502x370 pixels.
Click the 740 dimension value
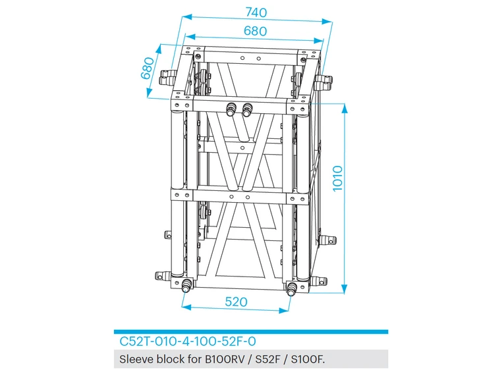(256, 12)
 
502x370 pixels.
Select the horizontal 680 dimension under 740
(255, 31)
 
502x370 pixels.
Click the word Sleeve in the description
(135, 359)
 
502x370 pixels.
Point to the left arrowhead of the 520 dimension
(186, 307)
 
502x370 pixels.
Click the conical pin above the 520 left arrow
(186, 285)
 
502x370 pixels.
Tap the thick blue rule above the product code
(250, 332)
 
